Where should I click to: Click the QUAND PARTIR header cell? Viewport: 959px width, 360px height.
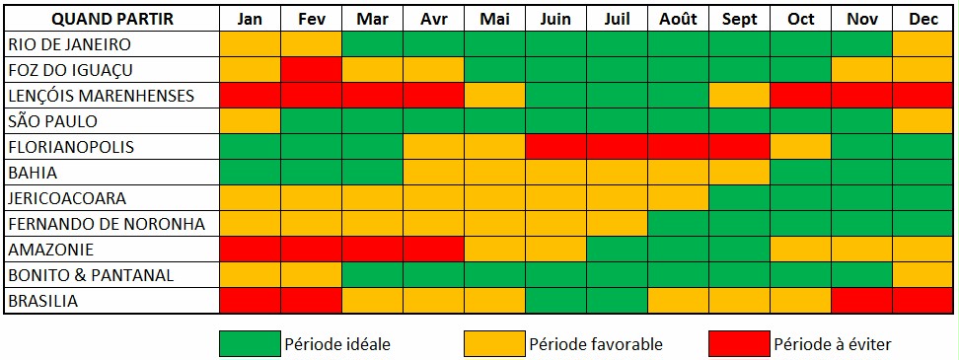pos(111,19)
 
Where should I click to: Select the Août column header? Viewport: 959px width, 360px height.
pos(678,19)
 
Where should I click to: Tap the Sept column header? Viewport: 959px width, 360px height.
pos(739,19)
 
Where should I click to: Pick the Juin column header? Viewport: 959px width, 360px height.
pos(555,19)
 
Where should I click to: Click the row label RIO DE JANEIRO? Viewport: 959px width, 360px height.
pos(70,44)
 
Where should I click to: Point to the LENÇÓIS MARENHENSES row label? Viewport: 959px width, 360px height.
pos(102,96)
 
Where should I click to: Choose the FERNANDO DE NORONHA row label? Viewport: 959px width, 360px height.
pos(107,224)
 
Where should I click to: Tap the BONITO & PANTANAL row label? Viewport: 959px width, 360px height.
pos(91,275)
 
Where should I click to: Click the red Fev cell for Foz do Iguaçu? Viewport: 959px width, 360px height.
pos(312,70)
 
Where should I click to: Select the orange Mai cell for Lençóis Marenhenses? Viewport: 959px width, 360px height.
pos(494,96)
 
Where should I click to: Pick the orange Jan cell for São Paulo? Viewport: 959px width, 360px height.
pos(251,121)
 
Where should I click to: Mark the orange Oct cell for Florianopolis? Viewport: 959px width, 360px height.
pos(800,147)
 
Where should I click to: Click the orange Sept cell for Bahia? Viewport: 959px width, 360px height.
pos(739,173)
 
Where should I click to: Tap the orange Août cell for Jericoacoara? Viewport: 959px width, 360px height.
pos(678,198)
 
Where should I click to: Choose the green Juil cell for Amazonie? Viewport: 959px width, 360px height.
pos(617,250)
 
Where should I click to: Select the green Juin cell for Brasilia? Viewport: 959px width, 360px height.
pos(555,302)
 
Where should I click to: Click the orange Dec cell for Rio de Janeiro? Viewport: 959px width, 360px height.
pos(923,44)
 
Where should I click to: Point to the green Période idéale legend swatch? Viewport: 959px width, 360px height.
pos(251,343)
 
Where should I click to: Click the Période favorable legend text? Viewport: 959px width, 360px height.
pos(596,344)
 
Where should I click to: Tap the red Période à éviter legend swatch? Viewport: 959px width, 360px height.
pos(739,343)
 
